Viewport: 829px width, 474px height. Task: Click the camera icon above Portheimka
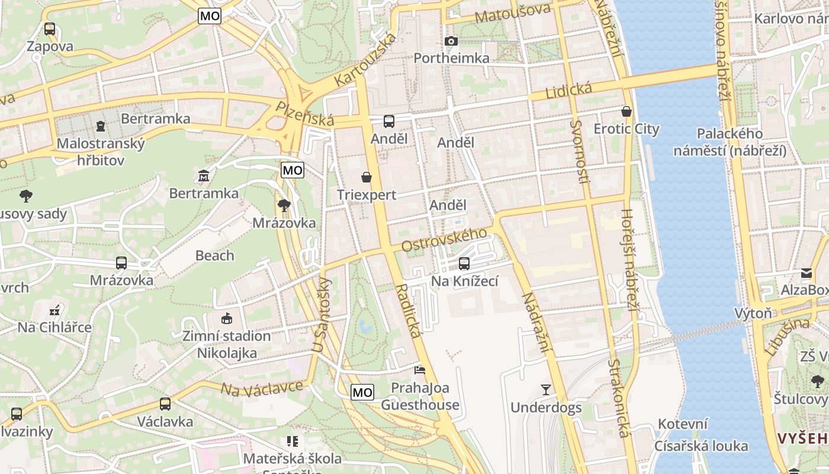click(451, 41)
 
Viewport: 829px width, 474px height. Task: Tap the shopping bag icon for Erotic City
click(626, 111)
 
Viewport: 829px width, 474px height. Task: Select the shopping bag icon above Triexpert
click(367, 177)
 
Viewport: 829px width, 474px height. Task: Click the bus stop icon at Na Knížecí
click(464, 263)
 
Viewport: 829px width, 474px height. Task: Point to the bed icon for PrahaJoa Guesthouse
click(420, 370)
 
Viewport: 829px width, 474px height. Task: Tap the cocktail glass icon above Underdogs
click(545, 390)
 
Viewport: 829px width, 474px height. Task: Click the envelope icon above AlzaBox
click(806, 273)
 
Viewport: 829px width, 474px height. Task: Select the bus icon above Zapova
click(50, 28)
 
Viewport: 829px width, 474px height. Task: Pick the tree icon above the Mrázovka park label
click(284, 206)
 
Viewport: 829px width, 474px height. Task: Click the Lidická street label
click(568, 91)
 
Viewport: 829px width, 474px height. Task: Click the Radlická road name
click(408, 310)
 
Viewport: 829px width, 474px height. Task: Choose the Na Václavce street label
click(261, 388)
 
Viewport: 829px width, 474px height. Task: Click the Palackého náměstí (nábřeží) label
click(730, 142)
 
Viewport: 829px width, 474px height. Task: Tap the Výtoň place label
click(753, 313)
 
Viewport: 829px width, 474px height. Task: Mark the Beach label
click(214, 255)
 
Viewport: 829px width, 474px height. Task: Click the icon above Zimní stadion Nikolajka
click(226, 319)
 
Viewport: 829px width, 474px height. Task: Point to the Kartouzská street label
click(365, 59)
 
